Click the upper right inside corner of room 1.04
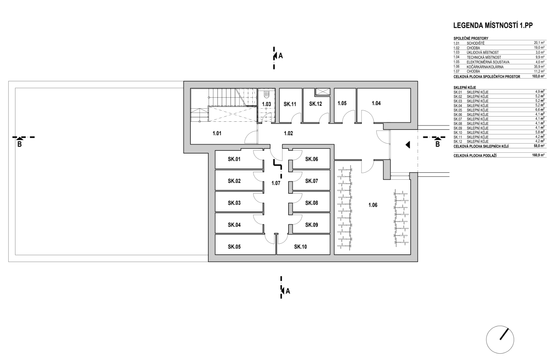point(410,88)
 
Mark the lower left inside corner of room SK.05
point(215,254)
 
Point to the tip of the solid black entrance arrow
point(406,145)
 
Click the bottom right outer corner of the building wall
point(418,262)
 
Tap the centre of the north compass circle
point(500,339)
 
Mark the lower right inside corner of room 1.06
point(410,254)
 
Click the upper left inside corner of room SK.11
point(280,88)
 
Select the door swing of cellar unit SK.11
point(296,118)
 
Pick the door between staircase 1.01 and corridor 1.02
point(251,137)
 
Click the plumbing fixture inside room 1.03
point(266,94)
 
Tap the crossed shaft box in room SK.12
point(323,92)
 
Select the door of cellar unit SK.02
point(259,176)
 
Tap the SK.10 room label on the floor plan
point(301,247)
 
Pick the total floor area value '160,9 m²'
point(538,155)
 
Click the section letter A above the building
point(281,56)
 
